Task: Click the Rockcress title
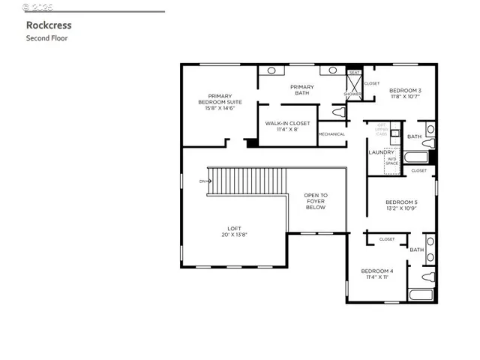49,25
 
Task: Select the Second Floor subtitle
46,37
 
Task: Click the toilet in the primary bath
338,112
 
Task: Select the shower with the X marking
354,87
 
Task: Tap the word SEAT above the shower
354,73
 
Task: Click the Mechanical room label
331,134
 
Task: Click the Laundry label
381,152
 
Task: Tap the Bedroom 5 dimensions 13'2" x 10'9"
401,208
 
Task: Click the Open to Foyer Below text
316,201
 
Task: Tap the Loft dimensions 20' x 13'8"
235,235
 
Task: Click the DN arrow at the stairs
203,181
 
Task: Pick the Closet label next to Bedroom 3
372,83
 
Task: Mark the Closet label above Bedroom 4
387,239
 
